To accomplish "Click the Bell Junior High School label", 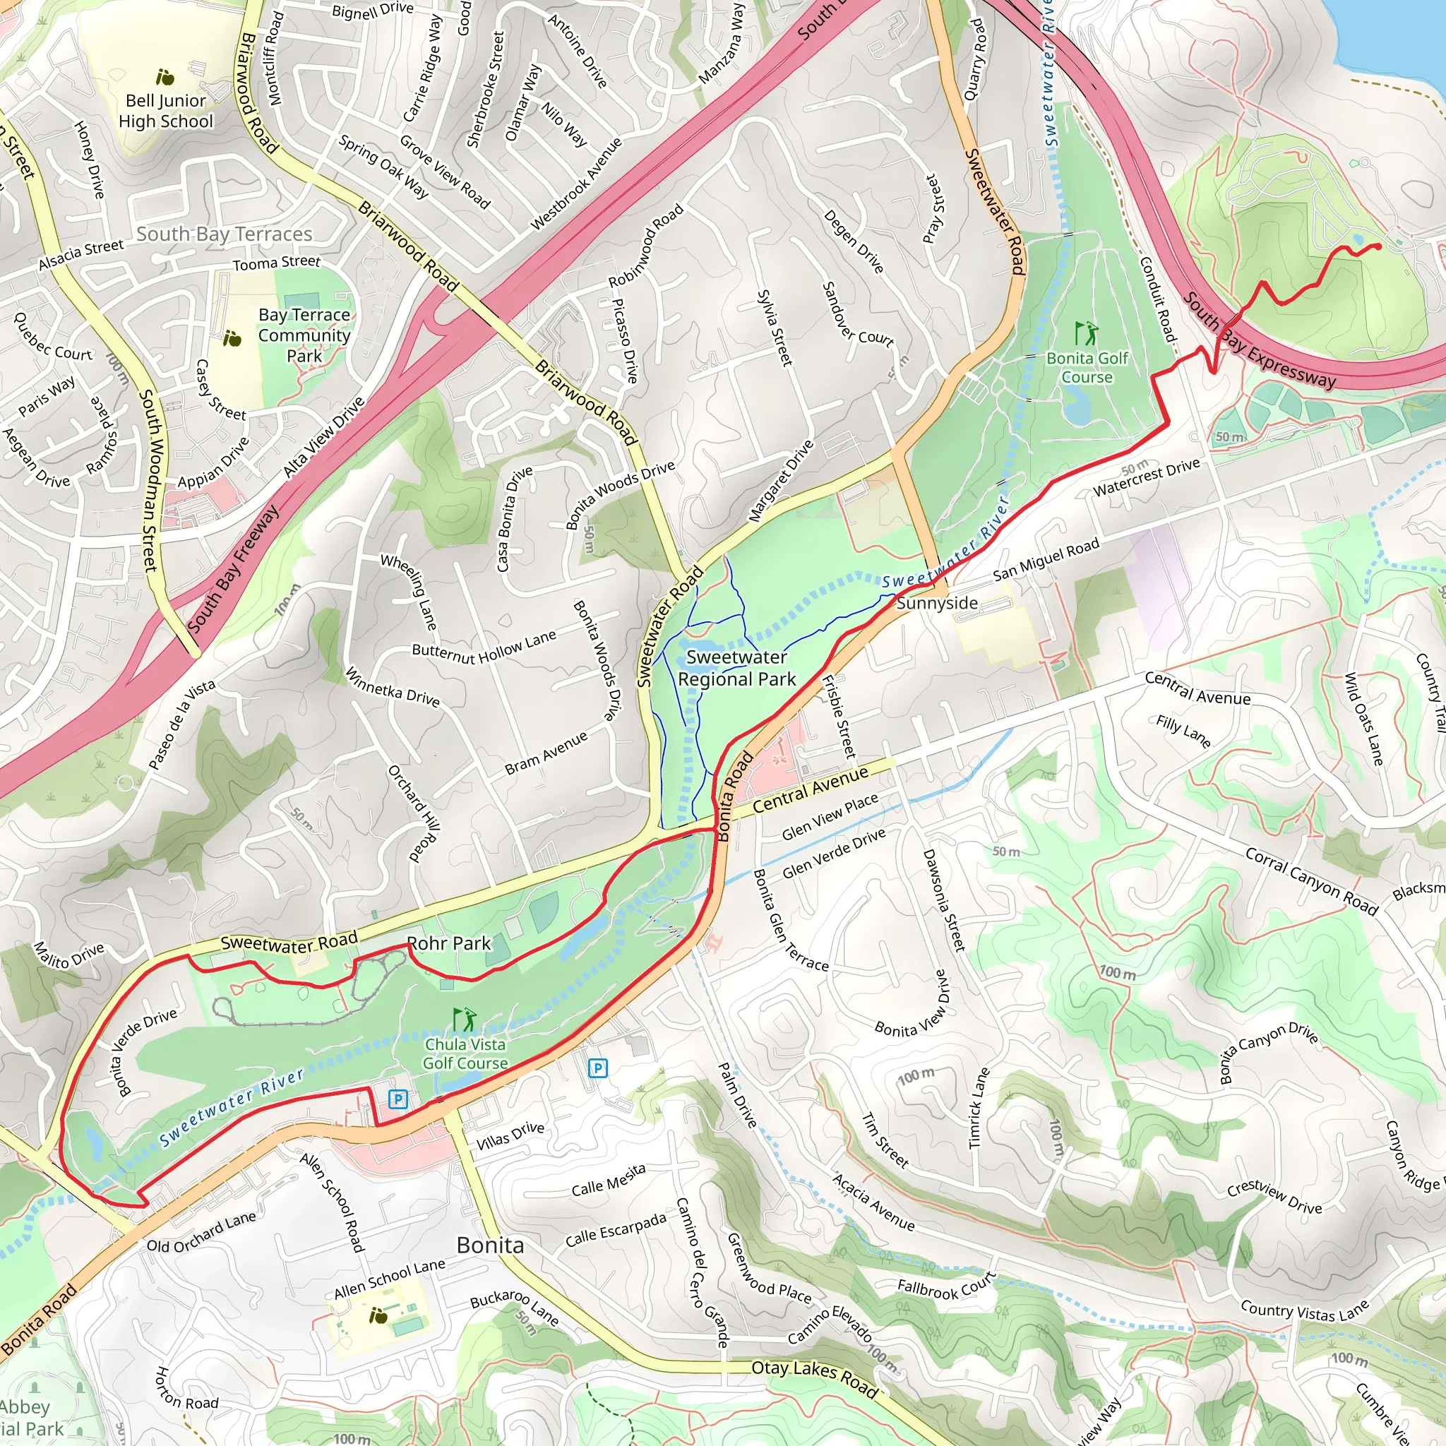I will [x=165, y=111].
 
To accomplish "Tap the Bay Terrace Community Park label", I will [x=304, y=335].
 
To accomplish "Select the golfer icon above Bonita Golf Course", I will [x=1086, y=333].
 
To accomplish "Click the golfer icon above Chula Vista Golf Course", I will [x=465, y=1020].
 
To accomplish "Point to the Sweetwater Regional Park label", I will [x=736, y=668].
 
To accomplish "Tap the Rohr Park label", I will [x=448, y=943].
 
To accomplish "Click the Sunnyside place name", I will [x=937, y=603].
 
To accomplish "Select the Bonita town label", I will [x=490, y=1245].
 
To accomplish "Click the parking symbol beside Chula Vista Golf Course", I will [x=398, y=1099].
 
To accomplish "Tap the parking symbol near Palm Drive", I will [x=597, y=1068].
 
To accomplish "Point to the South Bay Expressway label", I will [x=1259, y=341].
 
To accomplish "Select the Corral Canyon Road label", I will [x=1311, y=881].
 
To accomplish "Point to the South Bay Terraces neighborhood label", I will [x=224, y=234].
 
